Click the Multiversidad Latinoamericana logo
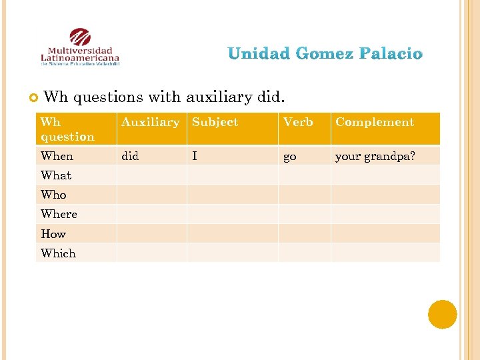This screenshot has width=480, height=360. tap(80, 48)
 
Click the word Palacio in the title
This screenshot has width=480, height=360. tap(393, 53)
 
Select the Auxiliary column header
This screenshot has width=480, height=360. tap(150, 122)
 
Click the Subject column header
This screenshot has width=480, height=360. tap(215, 122)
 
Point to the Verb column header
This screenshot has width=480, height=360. tap(298, 122)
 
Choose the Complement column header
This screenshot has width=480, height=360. tap(375, 122)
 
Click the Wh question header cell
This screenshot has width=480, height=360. tap(67, 129)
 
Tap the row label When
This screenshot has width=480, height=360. tap(57, 156)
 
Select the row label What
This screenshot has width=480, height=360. tap(56, 175)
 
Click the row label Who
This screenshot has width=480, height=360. tap(53, 195)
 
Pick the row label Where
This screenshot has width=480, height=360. tap(59, 214)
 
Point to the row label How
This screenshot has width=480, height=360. tap(53, 234)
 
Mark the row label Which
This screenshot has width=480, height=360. tap(58, 253)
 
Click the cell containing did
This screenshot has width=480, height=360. tap(130, 156)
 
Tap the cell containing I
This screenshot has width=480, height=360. tap(195, 156)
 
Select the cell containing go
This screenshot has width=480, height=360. tap(290, 156)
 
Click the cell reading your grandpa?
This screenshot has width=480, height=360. tap(375, 156)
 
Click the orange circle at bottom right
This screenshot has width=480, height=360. tap(442, 315)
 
